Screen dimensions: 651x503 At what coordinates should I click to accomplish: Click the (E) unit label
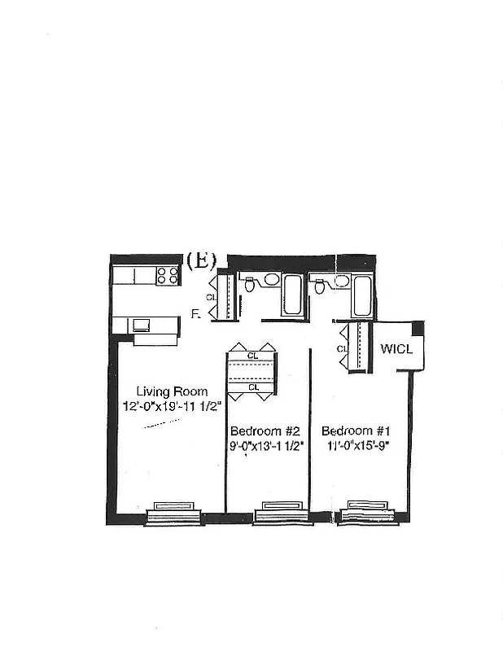tap(200, 260)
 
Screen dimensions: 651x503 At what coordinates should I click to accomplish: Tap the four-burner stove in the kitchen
tap(168, 276)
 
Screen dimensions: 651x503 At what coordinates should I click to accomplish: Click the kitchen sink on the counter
tap(142, 325)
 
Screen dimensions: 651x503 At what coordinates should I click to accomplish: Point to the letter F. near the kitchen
tap(195, 313)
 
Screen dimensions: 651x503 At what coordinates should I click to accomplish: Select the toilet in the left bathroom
tap(250, 285)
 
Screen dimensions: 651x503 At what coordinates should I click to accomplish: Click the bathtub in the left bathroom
tap(291, 295)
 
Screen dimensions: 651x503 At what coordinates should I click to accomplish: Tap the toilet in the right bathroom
tap(320, 286)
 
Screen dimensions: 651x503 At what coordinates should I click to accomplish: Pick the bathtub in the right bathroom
tap(363, 295)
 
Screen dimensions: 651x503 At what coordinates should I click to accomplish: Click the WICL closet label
tap(397, 349)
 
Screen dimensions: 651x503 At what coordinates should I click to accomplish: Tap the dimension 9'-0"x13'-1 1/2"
tap(266, 445)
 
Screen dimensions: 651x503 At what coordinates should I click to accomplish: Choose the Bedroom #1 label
tap(358, 430)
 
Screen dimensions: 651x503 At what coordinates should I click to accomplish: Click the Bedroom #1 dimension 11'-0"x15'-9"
tap(358, 445)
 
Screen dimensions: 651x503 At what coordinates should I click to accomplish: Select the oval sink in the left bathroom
tap(272, 280)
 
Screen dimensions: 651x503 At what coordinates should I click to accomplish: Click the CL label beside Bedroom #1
tap(342, 349)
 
